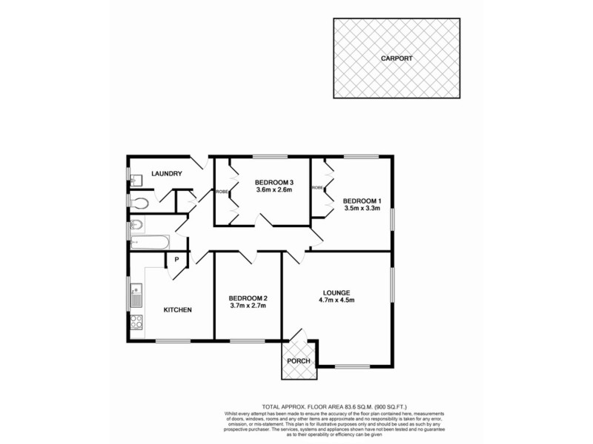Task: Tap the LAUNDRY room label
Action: click(167, 174)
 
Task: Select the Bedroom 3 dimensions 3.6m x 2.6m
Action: click(274, 190)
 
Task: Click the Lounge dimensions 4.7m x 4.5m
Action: click(336, 300)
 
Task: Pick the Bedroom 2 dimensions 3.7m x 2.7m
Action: click(248, 306)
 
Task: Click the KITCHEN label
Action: click(178, 309)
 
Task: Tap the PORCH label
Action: click(299, 361)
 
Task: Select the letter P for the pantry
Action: click(177, 259)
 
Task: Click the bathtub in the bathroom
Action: click(151, 241)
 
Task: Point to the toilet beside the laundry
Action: click(139, 201)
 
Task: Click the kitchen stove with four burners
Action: click(136, 322)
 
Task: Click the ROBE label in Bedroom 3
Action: click(222, 192)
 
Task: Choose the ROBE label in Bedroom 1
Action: click(317, 188)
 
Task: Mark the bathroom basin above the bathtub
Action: click(136, 225)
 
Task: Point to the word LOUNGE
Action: click(336, 292)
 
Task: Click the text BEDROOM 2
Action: click(248, 297)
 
